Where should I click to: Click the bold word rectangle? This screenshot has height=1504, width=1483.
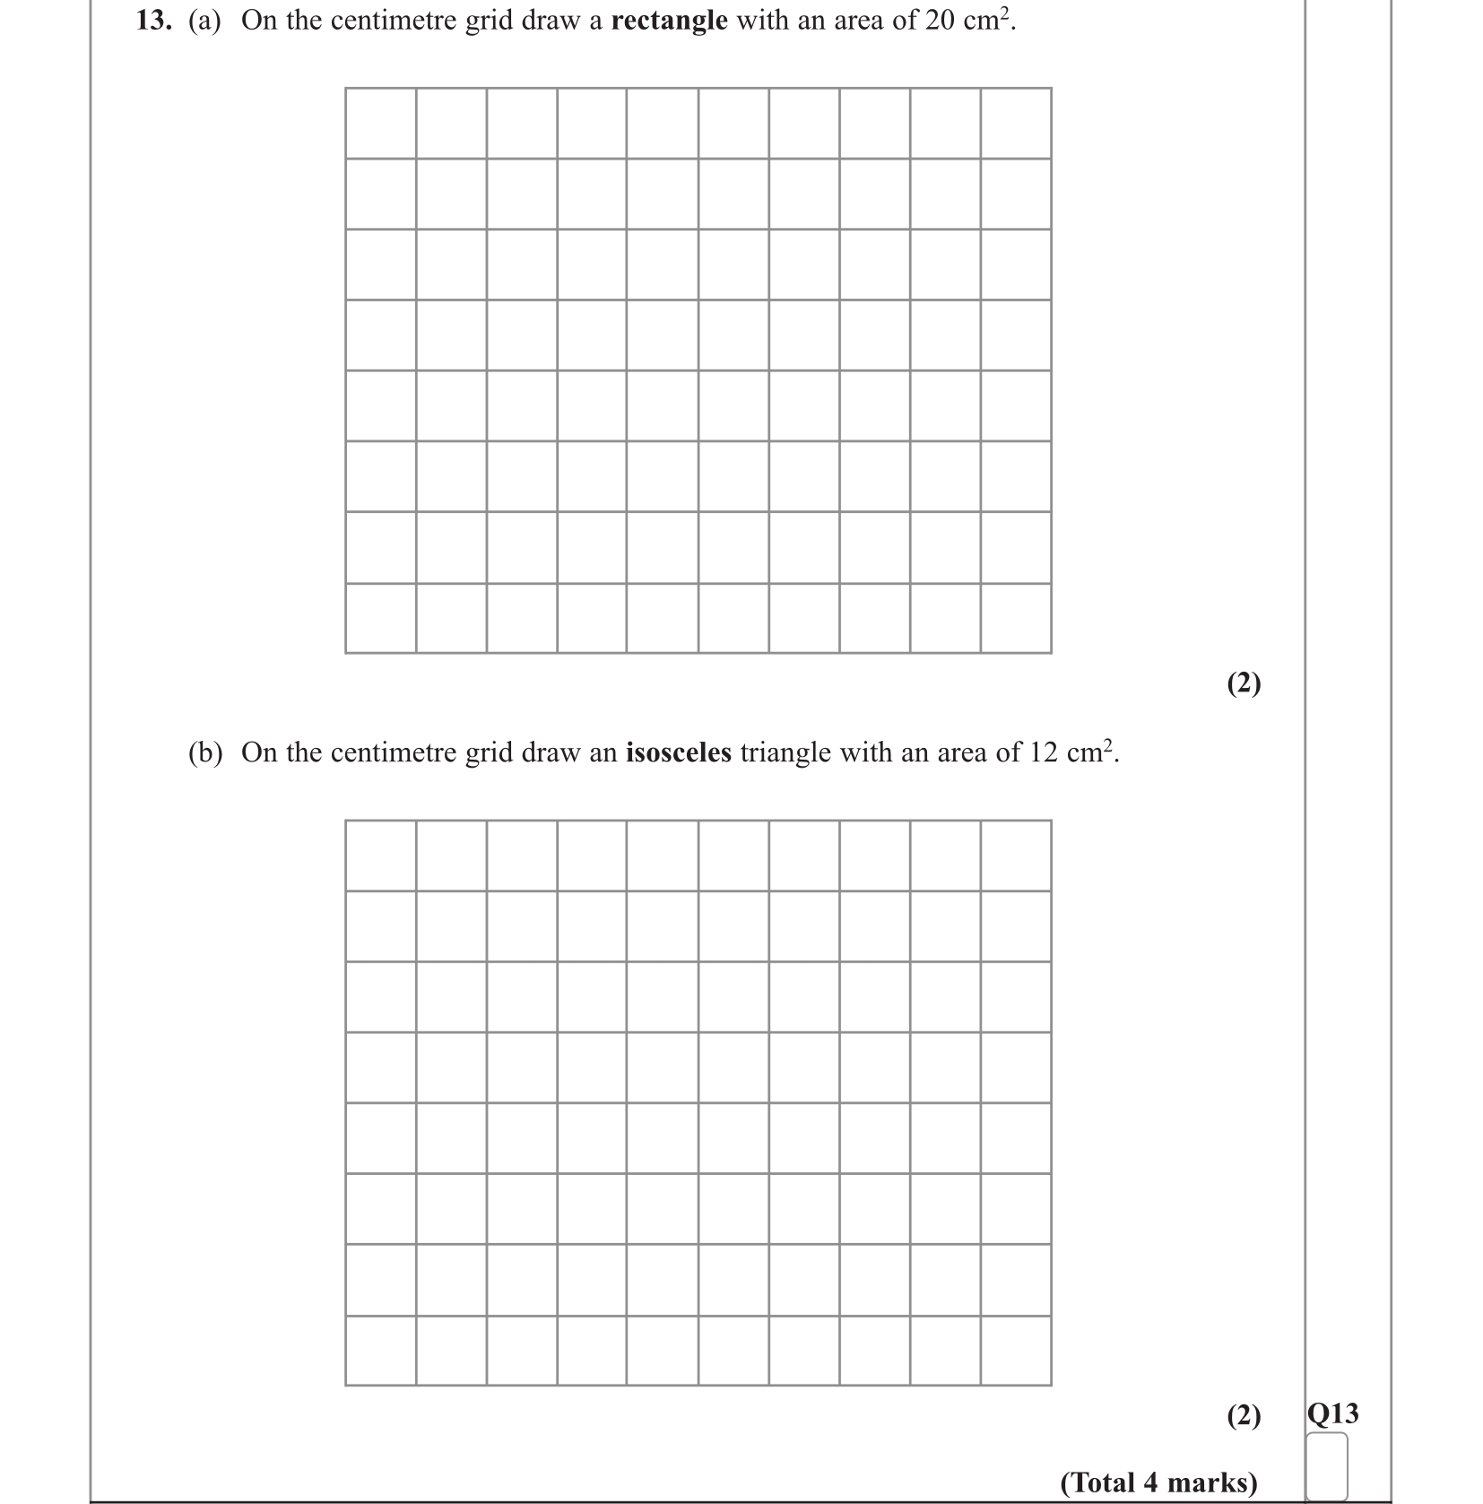coord(669,21)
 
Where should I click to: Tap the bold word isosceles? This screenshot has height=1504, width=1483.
coord(678,752)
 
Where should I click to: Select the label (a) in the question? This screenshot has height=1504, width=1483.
coord(204,21)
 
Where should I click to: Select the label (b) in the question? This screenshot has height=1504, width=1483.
coord(204,752)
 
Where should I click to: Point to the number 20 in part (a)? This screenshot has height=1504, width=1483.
coord(940,21)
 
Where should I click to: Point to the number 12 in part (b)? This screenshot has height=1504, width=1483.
coord(1044,752)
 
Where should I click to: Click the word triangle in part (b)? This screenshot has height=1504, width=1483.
coord(785,752)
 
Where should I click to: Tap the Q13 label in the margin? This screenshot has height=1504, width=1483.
coord(1332,1414)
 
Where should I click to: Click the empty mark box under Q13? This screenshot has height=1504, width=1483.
coord(1327,1465)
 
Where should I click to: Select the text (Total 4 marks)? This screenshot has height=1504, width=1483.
coord(1158,1482)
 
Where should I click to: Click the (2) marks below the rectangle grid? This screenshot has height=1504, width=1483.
coord(1244,683)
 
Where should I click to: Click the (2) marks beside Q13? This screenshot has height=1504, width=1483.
coord(1244,1416)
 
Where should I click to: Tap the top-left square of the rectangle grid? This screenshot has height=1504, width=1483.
coord(380,124)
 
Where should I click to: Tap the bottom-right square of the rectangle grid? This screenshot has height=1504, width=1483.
coord(1016,618)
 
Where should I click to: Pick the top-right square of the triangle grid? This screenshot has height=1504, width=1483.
coord(1016,856)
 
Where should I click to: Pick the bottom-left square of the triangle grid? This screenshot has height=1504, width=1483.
coord(380,1351)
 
